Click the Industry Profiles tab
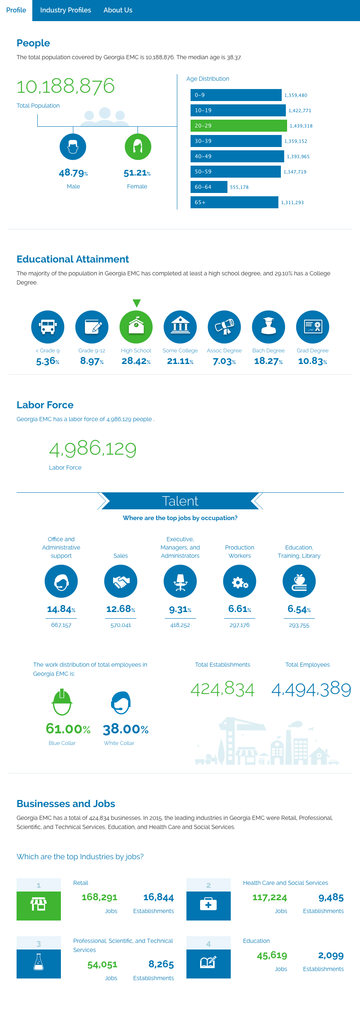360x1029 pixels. point(65,10)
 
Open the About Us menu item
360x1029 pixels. point(118,10)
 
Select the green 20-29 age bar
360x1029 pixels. point(238,125)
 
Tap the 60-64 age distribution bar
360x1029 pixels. point(209,187)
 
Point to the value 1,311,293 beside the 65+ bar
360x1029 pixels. point(292,202)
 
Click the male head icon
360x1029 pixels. point(73,147)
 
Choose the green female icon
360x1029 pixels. point(138,147)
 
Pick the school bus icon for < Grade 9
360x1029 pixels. point(48,327)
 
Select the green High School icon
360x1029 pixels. point(136,327)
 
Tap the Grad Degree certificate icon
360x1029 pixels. point(313,327)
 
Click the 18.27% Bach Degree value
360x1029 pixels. point(268,361)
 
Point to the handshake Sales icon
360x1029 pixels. point(121,581)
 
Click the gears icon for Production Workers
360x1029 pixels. point(239,581)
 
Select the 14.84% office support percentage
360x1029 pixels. point(61,609)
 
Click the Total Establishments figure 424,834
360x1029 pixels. point(222,689)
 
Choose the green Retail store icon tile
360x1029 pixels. point(39,906)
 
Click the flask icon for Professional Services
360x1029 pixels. point(39,964)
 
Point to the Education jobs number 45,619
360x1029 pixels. point(272,955)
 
